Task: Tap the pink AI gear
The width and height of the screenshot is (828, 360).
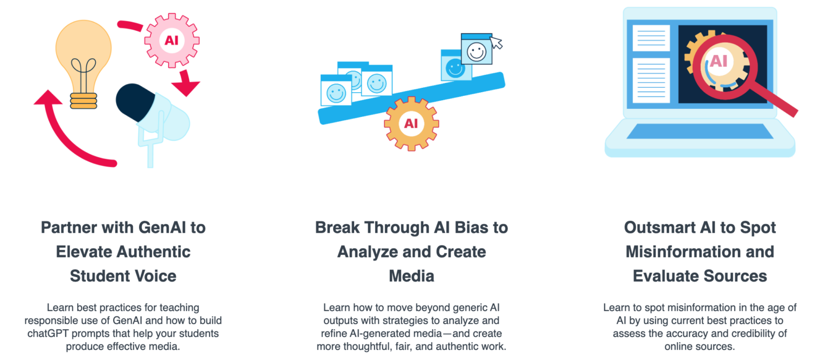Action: tap(171, 40)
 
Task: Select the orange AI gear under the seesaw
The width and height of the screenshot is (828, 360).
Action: tap(411, 123)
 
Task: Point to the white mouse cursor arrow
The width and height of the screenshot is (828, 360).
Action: tap(496, 43)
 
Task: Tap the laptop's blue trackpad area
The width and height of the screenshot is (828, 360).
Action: tap(699, 131)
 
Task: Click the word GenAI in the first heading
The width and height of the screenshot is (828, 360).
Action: tap(162, 227)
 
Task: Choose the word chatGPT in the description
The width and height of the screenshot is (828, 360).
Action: tap(50, 334)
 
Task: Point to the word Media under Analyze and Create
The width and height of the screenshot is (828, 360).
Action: tap(411, 276)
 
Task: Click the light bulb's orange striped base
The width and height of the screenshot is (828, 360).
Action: tap(84, 101)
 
